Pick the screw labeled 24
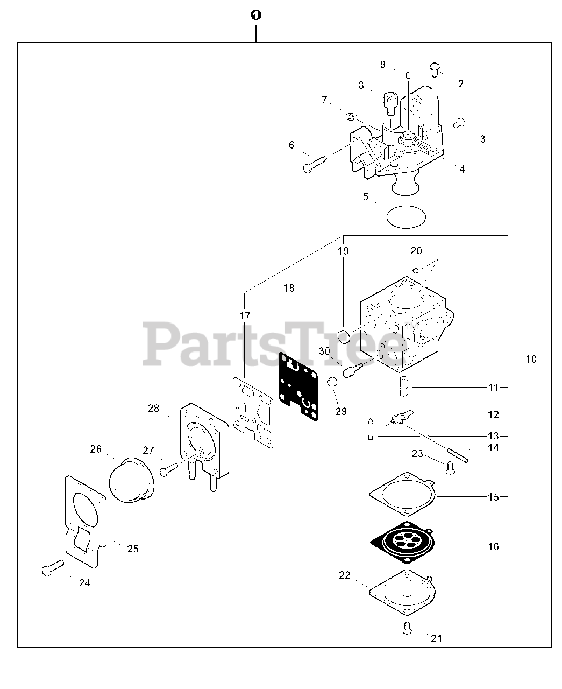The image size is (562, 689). click(x=52, y=568)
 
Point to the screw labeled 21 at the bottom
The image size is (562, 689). click(x=407, y=627)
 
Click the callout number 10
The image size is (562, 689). click(x=531, y=359)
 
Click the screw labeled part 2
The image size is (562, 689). click(x=435, y=68)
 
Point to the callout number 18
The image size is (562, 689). click(x=289, y=288)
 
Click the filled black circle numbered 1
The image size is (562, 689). click(x=256, y=16)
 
